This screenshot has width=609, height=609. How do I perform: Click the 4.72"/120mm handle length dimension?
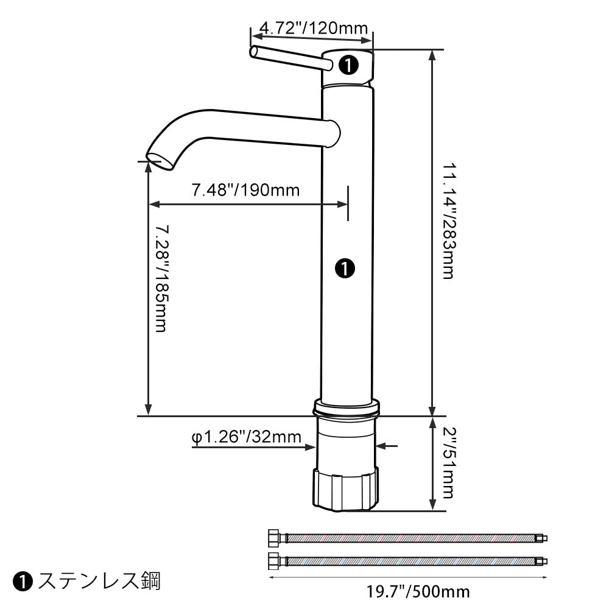pos(313,29)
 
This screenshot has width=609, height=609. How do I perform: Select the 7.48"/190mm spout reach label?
pos(246,190)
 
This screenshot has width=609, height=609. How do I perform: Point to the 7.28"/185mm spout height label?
pos(161,278)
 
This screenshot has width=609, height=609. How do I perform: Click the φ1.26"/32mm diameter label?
pos(246,437)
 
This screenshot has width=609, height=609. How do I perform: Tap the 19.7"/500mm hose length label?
pos(418,591)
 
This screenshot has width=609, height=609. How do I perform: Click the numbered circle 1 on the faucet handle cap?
pos(348,65)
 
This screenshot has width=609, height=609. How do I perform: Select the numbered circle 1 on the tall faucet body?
pos(345,268)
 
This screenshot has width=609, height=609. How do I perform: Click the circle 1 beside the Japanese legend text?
pos(23,582)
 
